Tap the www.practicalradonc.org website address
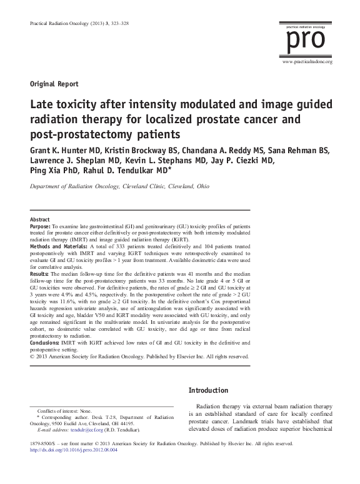click(x=307, y=63)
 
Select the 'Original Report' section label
click(x=54, y=83)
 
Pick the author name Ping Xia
click(x=46, y=173)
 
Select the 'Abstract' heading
click(x=40, y=220)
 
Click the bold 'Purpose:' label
click(x=41, y=228)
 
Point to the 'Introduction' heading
click(x=208, y=391)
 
